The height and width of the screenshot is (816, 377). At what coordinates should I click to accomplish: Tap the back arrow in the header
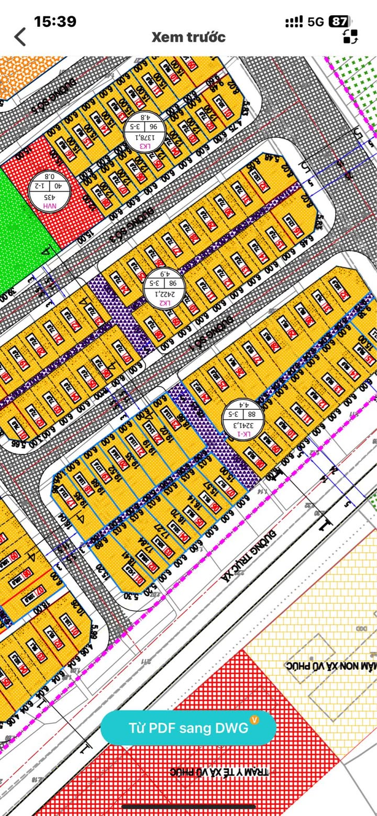[20, 37]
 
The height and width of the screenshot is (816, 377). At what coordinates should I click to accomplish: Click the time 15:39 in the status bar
[55, 21]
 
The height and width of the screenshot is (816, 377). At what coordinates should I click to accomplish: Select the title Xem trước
[188, 37]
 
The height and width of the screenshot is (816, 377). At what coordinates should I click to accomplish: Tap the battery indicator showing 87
[338, 21]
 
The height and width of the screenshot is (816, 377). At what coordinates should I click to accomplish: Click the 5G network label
[316, 21]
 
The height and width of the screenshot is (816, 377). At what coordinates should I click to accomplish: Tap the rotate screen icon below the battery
[350, 36]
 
